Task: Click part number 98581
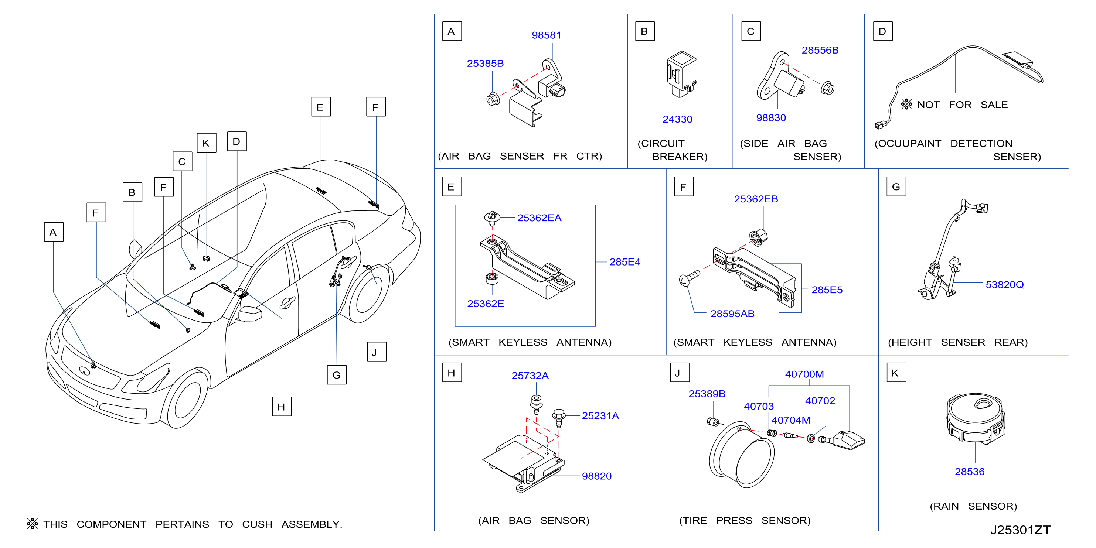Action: tap(546, 35)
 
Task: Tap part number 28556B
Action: tap(820, 50)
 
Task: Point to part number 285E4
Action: tap(624, 262)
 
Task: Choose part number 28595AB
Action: tap(732, 314)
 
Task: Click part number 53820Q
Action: tap(1004, 285)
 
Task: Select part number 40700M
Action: tap(804, 374)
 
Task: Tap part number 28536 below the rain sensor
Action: tap(970, 472)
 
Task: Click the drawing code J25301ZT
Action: tap(1020, 530)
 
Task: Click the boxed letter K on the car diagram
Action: tap(206, 143)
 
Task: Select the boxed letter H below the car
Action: tap(282, 407)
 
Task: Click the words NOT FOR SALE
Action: tap(962, 105)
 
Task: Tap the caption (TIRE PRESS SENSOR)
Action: tap(745, 520)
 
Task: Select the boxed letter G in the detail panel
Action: tap(896, 186)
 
